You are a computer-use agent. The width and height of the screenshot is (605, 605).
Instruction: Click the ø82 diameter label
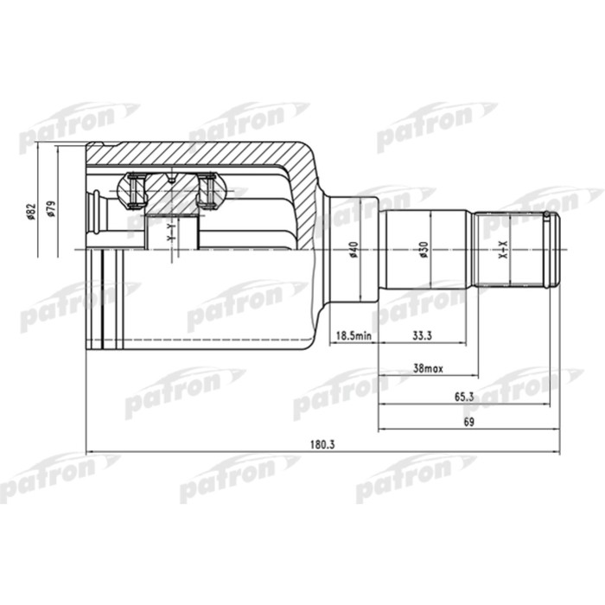[30, 211]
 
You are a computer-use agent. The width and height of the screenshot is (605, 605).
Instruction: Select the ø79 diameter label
[51, 211]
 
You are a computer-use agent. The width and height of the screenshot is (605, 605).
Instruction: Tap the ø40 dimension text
[353, 249]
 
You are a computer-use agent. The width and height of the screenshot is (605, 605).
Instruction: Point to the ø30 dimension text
[423, 249]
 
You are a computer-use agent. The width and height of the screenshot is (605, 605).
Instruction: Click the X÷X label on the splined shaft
[505, 252]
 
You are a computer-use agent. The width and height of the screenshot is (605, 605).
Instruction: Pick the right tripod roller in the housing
[207, 191]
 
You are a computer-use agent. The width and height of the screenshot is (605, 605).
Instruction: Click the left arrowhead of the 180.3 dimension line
[91, 452]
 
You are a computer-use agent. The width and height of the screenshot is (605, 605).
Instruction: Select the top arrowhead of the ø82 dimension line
[31, 145]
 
